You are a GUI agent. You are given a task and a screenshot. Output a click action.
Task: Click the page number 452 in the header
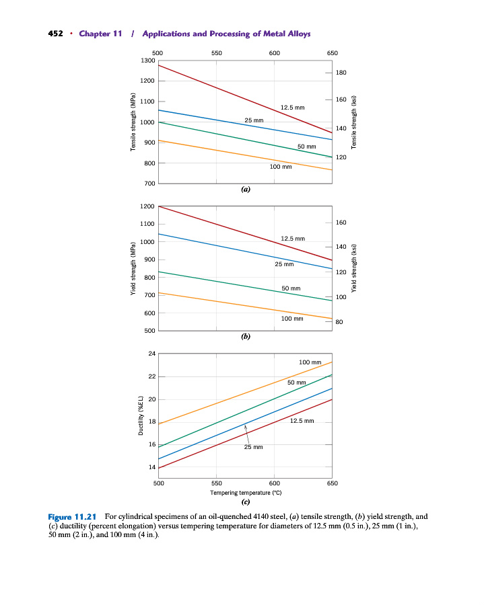coord(56,34)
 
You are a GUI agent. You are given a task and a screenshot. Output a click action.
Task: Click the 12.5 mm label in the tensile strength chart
coord(292,108)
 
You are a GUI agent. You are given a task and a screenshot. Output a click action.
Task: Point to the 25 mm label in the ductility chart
coord(253,446)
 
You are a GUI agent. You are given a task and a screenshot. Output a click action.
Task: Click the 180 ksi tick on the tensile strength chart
coord(341,72)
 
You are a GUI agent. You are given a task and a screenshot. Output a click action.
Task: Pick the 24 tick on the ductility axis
coord(151,353)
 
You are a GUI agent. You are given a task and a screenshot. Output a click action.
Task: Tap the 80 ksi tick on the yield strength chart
coord(340,323)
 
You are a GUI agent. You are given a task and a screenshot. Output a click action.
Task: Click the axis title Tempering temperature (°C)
coord(245,493)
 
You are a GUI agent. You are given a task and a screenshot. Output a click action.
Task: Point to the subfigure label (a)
coord(246,190)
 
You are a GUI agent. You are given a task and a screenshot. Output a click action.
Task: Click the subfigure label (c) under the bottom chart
coord(246,501)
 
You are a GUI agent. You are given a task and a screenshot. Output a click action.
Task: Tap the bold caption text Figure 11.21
coord(73,517)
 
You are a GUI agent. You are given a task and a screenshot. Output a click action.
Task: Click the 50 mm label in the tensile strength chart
coord(307,147)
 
